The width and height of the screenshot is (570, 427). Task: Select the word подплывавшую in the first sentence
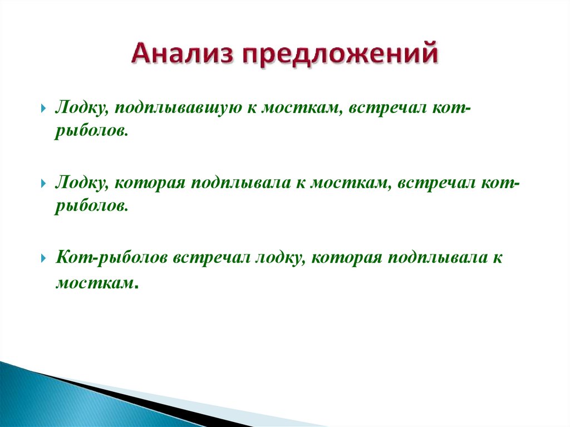click(178, 109)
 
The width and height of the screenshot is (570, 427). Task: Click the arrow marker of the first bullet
click(43, 109)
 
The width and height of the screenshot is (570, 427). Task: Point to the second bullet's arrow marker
click(43, 183)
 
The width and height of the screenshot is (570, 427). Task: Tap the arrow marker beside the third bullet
click(43, 258)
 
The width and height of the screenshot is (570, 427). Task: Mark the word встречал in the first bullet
click(387, 109)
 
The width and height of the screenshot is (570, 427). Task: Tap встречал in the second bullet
click(436, 184)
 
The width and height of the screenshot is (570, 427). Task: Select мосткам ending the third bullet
click(95, 283)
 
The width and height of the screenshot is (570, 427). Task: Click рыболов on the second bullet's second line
click(90, 207)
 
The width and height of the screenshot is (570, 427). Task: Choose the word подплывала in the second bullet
click(240, 184)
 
